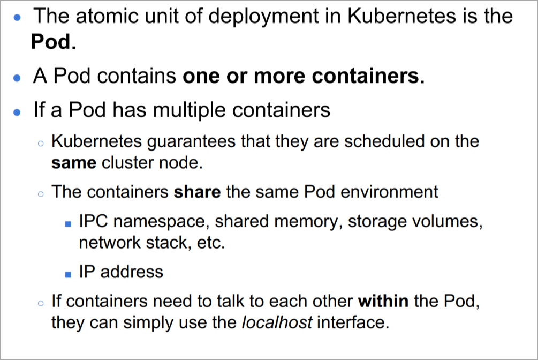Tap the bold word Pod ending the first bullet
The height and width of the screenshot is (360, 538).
click(51, 42)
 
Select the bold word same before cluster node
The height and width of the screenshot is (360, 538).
click(73, 162)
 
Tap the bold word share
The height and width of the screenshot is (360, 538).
click(197, 191)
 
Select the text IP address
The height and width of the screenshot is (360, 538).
click(121, 272)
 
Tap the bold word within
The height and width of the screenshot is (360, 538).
click(383, 302)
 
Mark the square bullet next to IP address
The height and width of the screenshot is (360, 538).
click(67, 274)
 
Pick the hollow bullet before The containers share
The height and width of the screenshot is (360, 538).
click(41, 193)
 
